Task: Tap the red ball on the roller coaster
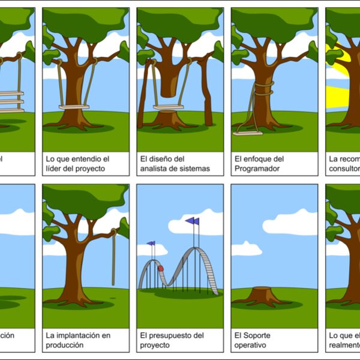pyautogui.click(x=160, y=268)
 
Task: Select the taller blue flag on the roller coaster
pyautogui.click(x=193, y=221)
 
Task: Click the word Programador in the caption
pyautogui.click(x=258, y=169)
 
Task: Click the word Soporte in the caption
pyautogui.click(x=258, y=335)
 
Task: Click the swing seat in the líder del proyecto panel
pyautogui.click(x=74, y=107)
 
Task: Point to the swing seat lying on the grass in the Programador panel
pyautogui.click(x=247, y=133)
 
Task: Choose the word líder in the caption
pyautogui.click(x=55, y=169)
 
